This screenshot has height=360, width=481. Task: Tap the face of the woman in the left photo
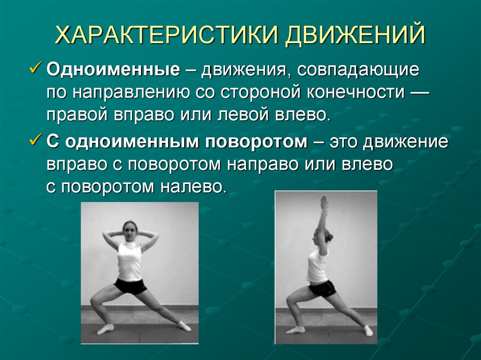pos(130,230)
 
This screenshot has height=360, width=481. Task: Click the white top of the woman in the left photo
pos(130,261)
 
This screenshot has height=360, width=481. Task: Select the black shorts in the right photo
pos(322,287)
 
